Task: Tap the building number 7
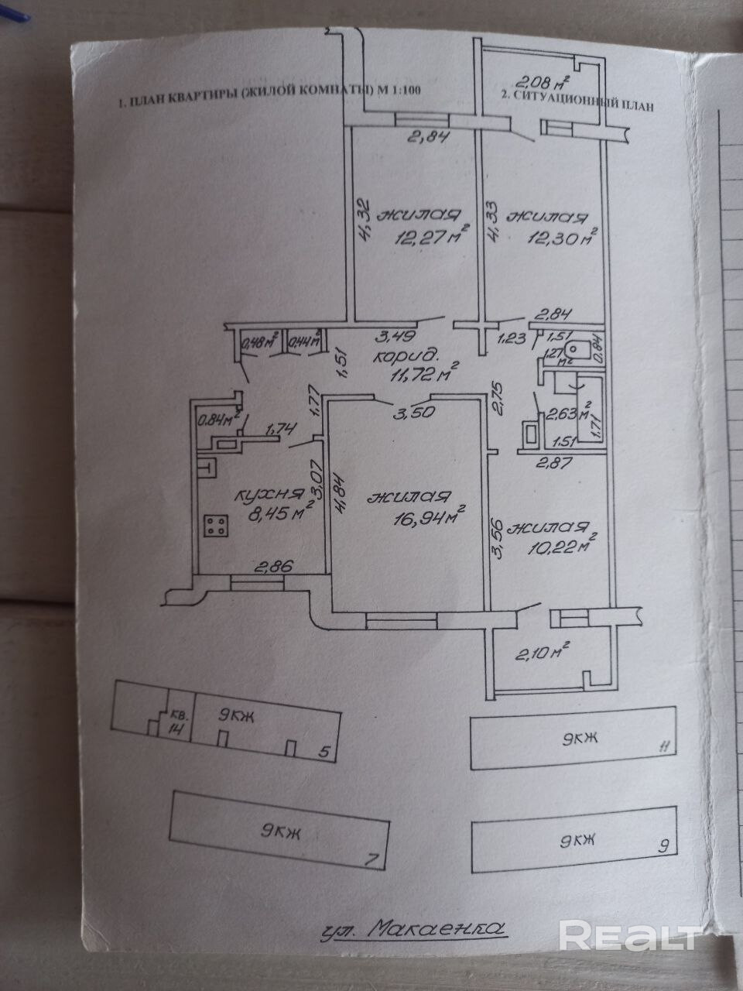(x=371, y=858)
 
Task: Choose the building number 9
(x=662, y=845)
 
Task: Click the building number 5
(x=324, y=751)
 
